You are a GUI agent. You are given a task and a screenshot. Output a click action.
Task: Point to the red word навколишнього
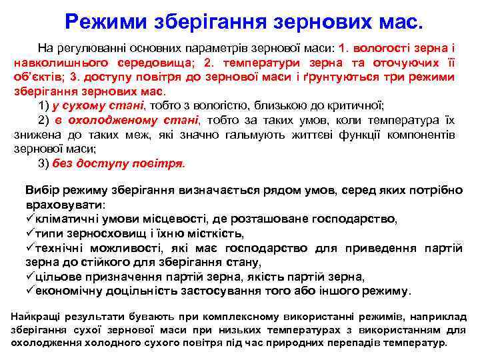(x=56, y=63)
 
